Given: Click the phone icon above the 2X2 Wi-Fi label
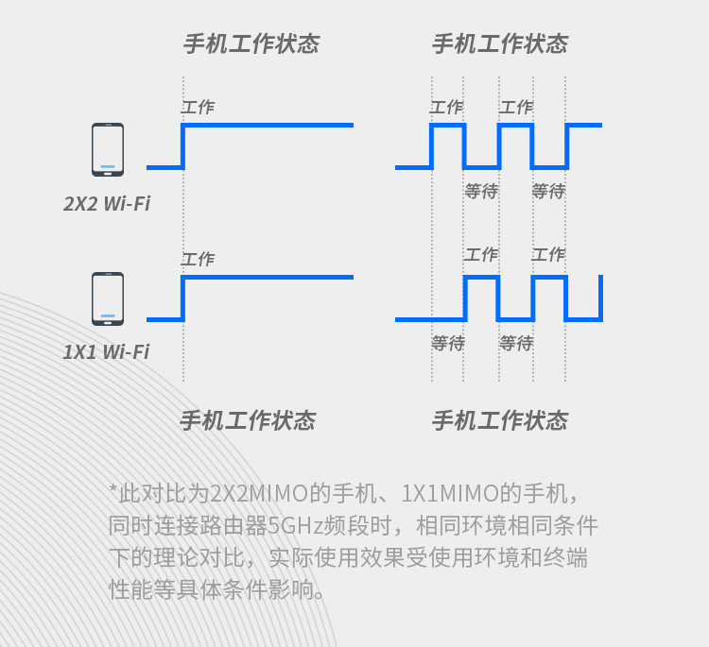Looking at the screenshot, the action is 107,149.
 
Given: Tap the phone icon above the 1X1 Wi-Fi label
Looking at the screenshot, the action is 107,298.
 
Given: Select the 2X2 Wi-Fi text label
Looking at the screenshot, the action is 107,203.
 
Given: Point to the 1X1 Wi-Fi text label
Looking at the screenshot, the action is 106,352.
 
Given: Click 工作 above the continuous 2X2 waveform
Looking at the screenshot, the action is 198,108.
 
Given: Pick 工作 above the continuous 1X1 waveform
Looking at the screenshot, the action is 198,259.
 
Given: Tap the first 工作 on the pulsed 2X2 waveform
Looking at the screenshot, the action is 446,108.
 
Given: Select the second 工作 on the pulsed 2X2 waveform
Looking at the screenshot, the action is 516,108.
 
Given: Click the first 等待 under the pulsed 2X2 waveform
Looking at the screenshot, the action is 481,191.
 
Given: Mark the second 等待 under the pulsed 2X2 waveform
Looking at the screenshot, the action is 548,191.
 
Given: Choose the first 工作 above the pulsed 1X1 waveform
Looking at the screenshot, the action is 481,254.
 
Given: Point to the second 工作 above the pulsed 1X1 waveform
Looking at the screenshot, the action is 548,254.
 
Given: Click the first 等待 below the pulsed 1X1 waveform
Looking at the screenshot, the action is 448,343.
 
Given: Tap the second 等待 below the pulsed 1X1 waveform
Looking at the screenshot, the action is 516,343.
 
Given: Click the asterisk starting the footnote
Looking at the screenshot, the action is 112,491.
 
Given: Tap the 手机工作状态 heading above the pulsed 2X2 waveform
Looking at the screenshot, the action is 499,43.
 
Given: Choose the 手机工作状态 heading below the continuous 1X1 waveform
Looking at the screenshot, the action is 248,421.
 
